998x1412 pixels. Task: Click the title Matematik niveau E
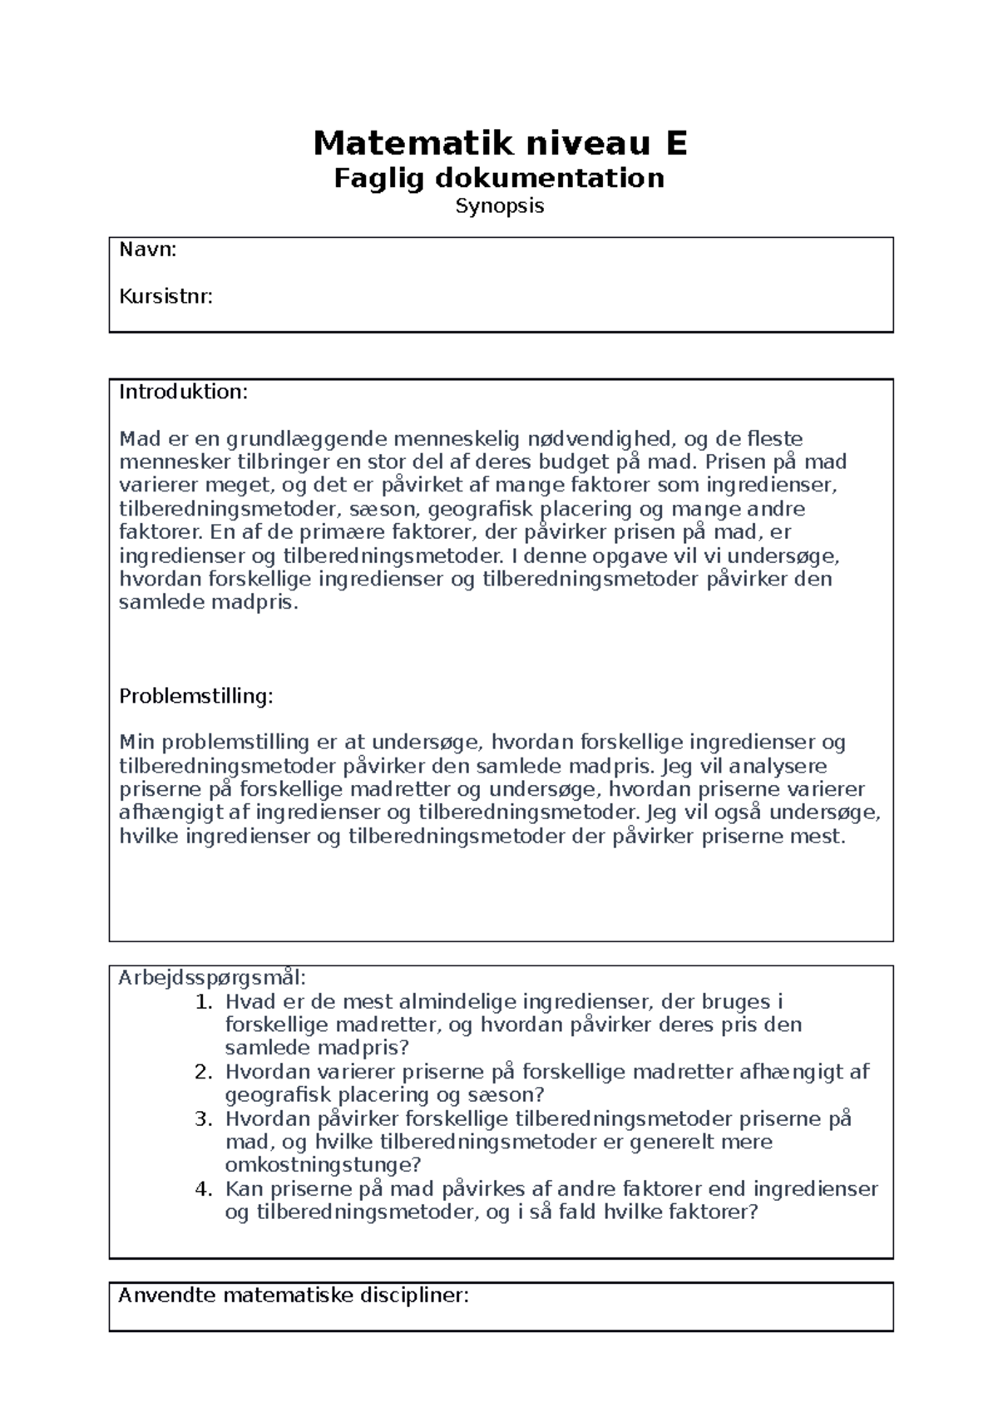(500, 144)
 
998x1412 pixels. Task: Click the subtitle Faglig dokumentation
(499, 178)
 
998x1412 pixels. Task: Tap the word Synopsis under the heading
(499, 206)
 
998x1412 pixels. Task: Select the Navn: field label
(148, 249)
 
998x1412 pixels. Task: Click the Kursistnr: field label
(166, 296)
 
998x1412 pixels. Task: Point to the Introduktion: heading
(183, 392)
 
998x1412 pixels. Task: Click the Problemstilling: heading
(195, 696)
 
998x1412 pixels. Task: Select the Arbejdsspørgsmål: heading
(212, 977)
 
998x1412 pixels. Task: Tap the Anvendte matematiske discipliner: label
(294, 1295)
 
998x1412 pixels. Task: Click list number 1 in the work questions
(204, 1002)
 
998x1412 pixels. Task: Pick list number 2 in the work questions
(204, 1072)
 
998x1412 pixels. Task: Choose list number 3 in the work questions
(204, 1118)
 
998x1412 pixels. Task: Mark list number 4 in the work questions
(204, 1189)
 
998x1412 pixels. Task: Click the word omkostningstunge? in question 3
(324, 1165)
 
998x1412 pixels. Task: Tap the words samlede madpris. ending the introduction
(208, 603)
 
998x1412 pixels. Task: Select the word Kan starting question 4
(242, 1189)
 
